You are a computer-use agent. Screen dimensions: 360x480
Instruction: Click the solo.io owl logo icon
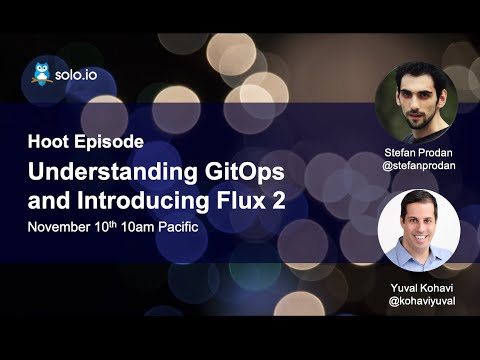coord(42,74)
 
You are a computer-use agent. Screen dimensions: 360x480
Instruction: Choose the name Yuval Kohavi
coord(417,286)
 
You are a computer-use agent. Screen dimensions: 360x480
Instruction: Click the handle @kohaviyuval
coord(417,300)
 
